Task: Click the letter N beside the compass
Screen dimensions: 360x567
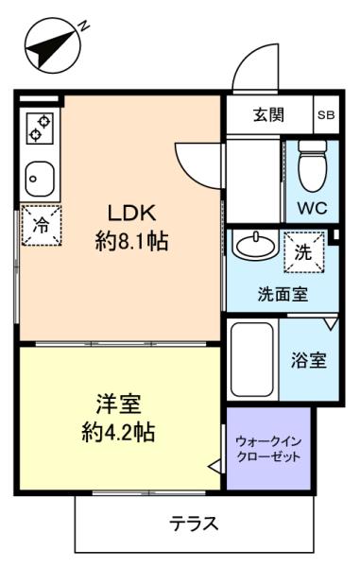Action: click(84, 26)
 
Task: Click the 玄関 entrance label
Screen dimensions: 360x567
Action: click(268, 114)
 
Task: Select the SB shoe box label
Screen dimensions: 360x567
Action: click(326, 115)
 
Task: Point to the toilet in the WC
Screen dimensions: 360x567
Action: click(313, 165)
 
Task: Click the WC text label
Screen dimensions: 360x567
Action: click(313, 208)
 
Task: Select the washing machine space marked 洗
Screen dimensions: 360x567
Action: click(303, 251)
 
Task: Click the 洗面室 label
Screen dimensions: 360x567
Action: click(283, 295)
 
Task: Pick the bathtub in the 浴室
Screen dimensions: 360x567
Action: click(252, 359)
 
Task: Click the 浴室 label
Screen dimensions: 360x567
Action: click(309, 360)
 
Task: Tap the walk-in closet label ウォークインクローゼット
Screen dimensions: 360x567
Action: click(268, 449)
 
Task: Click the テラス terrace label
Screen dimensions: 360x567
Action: click(194, 524)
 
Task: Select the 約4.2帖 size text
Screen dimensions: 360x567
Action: click(118, 432)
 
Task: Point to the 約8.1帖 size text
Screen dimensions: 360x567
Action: click(132, 241)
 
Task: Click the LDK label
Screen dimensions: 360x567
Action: click(132, 213)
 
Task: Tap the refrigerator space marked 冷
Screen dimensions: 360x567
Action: click(42, 226)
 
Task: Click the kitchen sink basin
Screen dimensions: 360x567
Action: click(40, 179)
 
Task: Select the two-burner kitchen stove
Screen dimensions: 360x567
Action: click(40, 129)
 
